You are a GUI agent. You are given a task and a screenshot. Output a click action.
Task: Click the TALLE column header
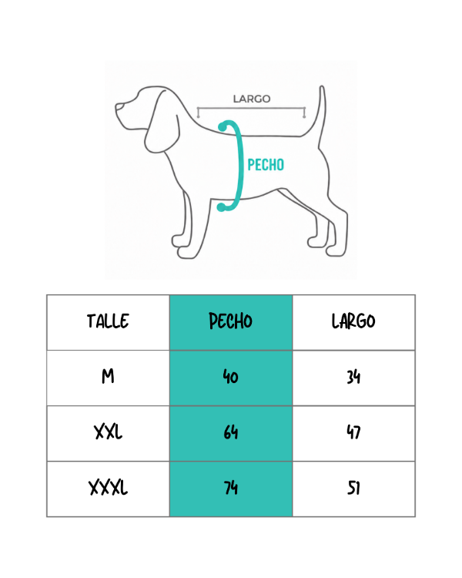(x=108, y=321)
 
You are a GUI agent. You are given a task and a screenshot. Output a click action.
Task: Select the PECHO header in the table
(x=231, y=321)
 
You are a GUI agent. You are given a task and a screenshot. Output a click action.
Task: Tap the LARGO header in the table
(x=353, y=321)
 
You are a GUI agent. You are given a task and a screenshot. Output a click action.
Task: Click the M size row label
(x=108, y=377)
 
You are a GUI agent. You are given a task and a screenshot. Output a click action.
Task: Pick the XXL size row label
(x=108, y=432)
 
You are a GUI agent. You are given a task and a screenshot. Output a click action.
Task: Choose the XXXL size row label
(x=108, y=488)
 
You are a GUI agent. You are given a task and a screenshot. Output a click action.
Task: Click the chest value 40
(x=231, y=377)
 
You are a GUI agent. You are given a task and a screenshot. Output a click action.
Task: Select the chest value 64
(x=231, y=432)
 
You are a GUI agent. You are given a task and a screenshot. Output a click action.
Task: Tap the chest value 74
(x=231, y=488)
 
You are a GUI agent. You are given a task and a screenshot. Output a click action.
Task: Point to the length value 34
(x=353, y=377)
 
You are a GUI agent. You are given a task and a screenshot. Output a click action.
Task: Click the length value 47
(x=353, y=432)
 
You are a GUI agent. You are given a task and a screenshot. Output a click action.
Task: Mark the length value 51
(x=353, y=488)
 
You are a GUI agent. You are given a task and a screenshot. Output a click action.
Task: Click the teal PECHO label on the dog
(x=266, y=165)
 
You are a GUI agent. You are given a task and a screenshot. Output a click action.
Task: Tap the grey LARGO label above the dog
(x=252, y=99)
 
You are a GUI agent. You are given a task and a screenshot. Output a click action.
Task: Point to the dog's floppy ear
(x=162, y=122)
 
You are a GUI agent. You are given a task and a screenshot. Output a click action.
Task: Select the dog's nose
(x=118, y=106)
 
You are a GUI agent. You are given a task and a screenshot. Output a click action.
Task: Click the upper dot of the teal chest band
(x=223, y=127)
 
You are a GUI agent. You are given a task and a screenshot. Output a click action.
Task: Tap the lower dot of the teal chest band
(x=221, y=207)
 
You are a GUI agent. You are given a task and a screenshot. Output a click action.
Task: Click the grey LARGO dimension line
(x=251, y=109)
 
